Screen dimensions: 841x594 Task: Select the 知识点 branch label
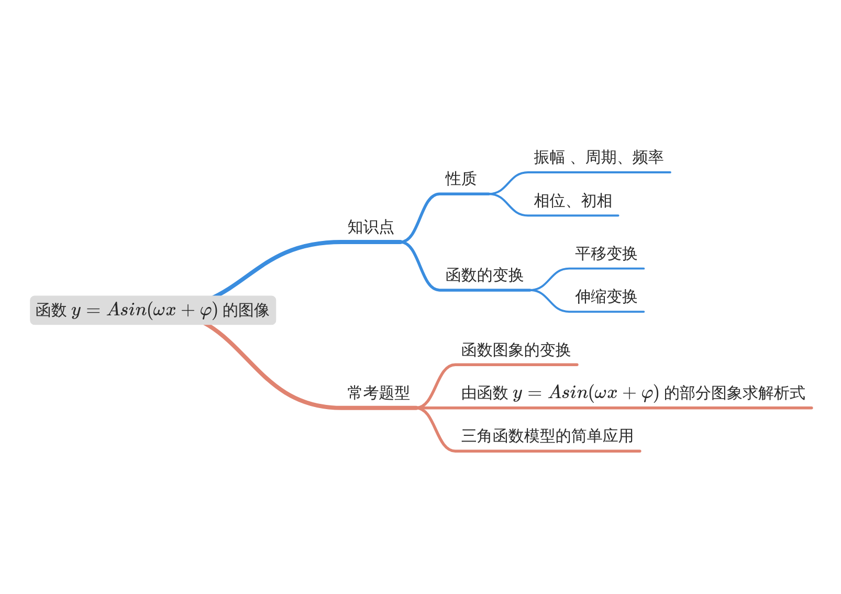[370, 227]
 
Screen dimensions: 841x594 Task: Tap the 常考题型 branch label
[378, 392]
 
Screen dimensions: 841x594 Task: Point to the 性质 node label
[460, 179]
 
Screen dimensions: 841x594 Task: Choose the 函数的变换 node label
[484, 275]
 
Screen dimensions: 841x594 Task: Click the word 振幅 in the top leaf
[549, 157]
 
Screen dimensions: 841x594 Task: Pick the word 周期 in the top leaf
[601, 157]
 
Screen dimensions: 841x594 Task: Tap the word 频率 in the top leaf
[647, 157]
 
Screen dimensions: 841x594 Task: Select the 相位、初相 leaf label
[572, 201]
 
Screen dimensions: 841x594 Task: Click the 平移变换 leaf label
[605, 254]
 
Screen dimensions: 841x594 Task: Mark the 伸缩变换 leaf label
[605, 296]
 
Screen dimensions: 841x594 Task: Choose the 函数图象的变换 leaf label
[515, 350]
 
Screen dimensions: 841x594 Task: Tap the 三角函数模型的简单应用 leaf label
[547, 436]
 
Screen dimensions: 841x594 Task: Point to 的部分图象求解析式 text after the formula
[734, 393]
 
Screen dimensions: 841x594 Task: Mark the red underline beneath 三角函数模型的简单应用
[547, 451]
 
